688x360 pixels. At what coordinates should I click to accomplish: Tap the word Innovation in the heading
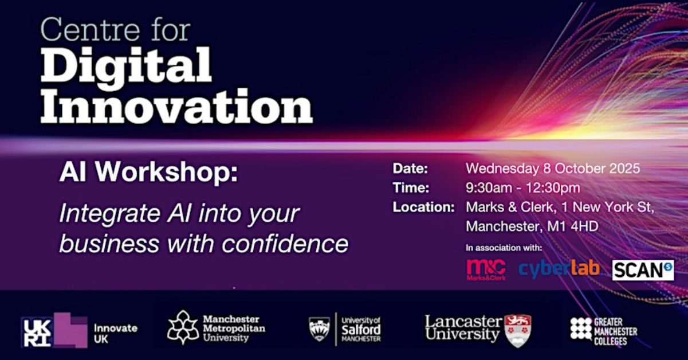click(176, 105)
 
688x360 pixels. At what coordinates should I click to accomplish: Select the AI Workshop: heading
click(149, 172)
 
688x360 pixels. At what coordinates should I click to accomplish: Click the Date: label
click(410, 169)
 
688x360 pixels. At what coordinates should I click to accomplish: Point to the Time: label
click(411, 187)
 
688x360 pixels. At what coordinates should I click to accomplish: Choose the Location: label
click(424, 207)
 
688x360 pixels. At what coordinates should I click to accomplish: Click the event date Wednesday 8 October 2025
click(553, 169)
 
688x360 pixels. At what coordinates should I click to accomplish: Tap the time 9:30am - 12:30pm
click(523, 188)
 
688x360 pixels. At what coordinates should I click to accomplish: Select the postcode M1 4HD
click(573, 226)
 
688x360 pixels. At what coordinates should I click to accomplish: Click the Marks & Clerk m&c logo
click(486, 269)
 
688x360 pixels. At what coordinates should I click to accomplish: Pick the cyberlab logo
click(559, 269)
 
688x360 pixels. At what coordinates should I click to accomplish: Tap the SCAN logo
click(643, 270)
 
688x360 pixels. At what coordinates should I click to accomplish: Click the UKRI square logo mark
click(37, 332)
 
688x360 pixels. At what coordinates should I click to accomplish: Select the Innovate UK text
click(116, 334)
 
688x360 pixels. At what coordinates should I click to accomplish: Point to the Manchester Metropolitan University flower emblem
click(183, 327)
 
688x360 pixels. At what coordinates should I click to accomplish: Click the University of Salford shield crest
click(319, 329)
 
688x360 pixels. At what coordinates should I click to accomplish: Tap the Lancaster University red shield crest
click(518, 331)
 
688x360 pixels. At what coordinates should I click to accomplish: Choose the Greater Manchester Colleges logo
click(604, 332)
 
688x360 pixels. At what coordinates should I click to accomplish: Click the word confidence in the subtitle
click(285, 244)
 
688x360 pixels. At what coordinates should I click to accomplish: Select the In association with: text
click(504, 248)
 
